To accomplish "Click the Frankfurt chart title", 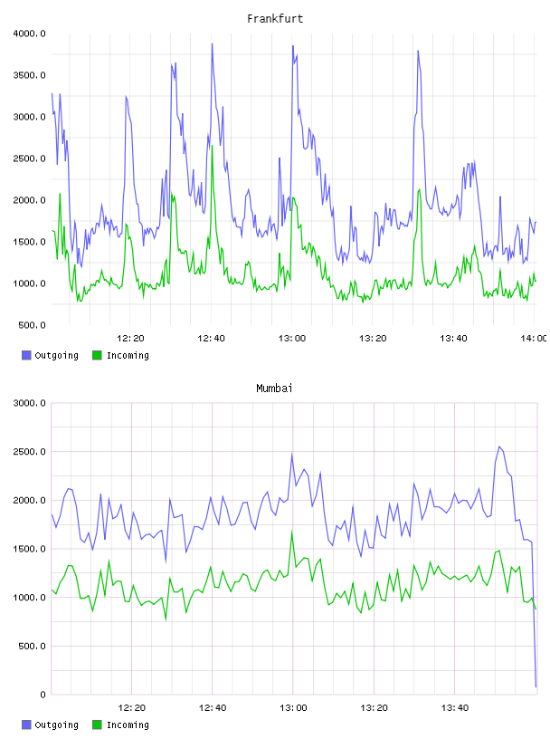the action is click(x=275, y=19).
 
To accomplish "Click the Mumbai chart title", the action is click(x=274, y=389).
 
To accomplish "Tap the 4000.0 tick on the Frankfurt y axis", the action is click(x=29, y=34).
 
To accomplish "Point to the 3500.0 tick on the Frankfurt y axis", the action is click(x=29, y=75).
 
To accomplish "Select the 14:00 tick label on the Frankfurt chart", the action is click(x=533, y=339).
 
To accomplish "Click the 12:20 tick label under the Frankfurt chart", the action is click(x=130, y=339).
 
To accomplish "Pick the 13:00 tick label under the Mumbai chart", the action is click(x=293, y=708).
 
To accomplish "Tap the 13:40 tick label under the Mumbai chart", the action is click(x=455, y=708).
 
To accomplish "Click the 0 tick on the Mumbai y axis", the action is click(x=43, y=695).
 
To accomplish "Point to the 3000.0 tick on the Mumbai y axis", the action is click(x=29, y=403).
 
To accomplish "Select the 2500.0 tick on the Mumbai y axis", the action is click(x=29, y=452).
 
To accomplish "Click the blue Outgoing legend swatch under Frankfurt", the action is click(x=26, y=355).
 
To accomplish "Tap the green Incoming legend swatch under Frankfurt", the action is click(x=97, y=355).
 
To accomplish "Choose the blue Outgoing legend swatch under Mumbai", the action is click(x=26, y=725).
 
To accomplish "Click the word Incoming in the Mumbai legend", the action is click(x=128, y=725).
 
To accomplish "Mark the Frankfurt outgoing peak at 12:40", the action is click(x=212, y=44).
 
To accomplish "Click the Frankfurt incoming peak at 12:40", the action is click(x=212, y=146).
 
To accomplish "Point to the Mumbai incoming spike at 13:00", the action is click(x=292, y=532).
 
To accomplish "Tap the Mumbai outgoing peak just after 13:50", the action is click(x=499, y=446).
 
